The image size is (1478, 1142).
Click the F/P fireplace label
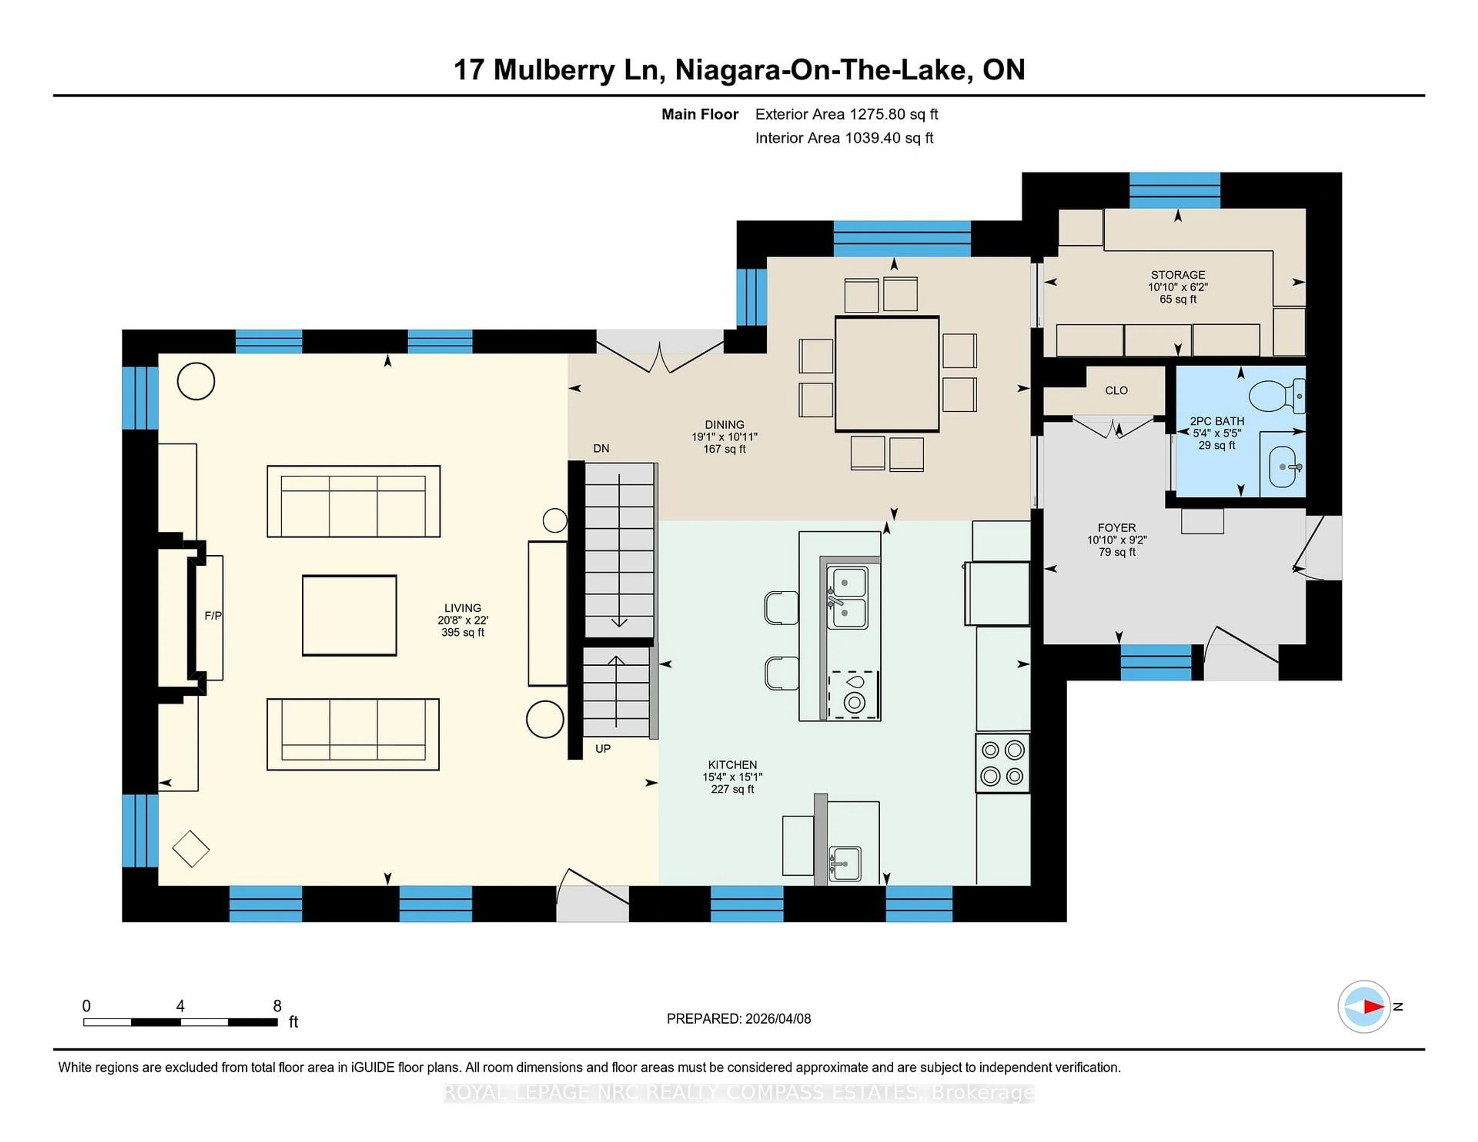[212, 616]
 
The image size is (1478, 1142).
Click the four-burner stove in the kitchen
[1002, 763]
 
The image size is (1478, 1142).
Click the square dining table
[886, 374]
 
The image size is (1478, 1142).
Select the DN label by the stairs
[601, 449]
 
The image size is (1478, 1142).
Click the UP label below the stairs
[602, 748]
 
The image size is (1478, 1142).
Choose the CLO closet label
[1116, 391]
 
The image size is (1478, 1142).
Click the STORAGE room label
[1177, 275]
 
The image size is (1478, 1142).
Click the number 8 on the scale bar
[277, 1006]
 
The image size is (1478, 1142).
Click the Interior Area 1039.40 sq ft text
[844, 138]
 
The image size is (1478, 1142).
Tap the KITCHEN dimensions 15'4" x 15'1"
[732, 777]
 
